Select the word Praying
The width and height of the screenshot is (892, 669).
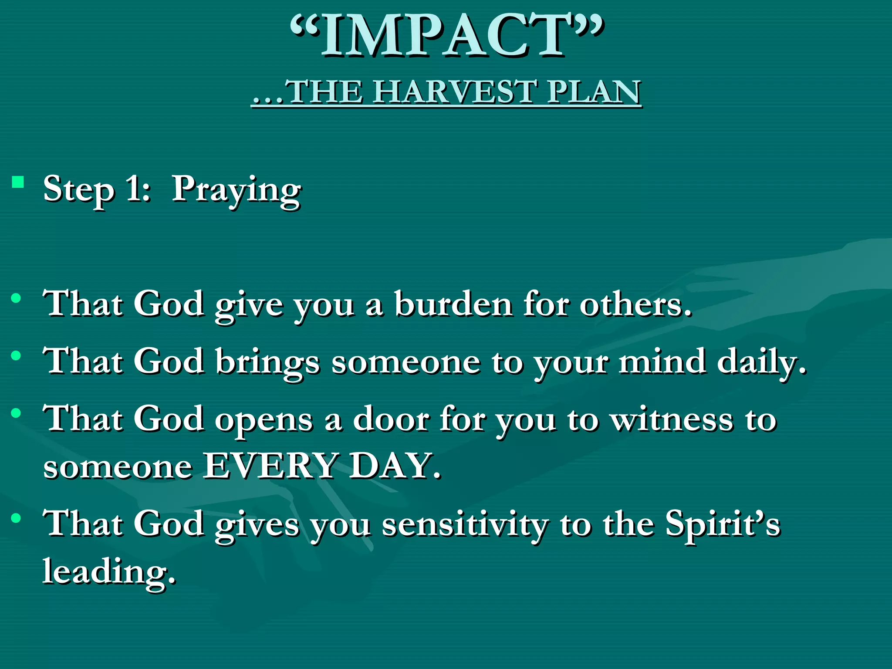coord(236,191)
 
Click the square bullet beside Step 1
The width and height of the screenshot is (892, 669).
coord(18,182)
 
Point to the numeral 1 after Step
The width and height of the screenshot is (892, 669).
coord(133,189)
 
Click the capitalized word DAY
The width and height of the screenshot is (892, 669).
coord(394,466)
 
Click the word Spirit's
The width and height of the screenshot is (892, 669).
coord(723,524)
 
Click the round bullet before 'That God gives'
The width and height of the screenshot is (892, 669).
coord(17,518)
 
